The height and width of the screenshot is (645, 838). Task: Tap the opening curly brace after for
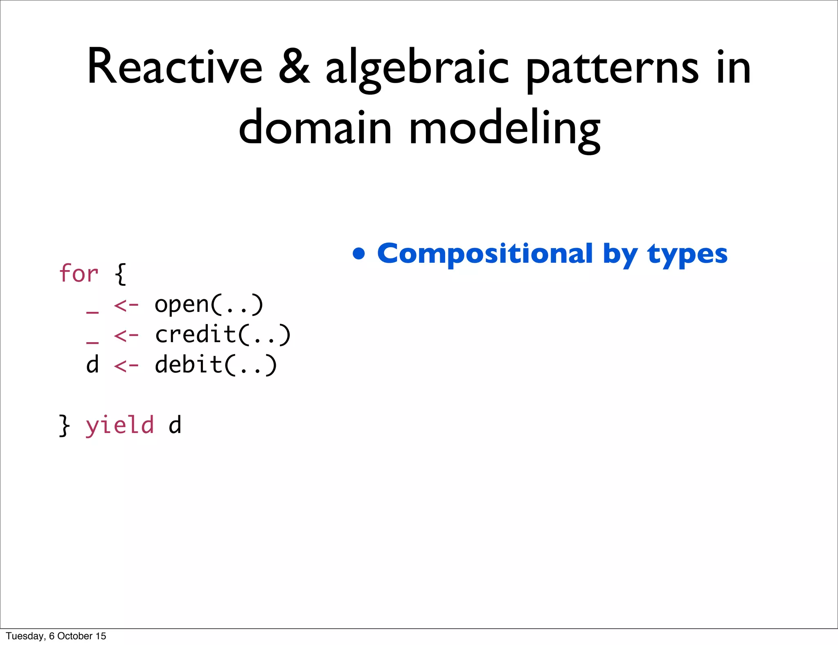[x=121, y=274]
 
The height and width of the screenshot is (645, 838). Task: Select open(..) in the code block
[x=209, y=305]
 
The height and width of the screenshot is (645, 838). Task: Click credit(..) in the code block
[x=223, y=335]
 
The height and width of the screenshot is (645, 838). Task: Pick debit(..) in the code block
[x=216, y=365]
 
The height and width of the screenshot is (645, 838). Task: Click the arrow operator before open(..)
[x=126, y=305]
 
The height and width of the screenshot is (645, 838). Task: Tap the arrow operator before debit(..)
[x=126, y=365]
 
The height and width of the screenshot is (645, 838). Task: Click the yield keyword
[x=120, y=425]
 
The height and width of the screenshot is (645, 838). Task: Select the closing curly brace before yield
[x=64, y=426]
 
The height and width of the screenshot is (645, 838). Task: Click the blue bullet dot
[x=359, y=254]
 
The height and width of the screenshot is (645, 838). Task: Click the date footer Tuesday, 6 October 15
[x=56, y=636]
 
